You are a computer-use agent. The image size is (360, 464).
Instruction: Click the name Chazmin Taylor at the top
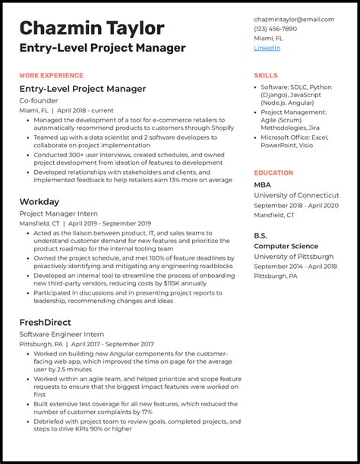point(92,28)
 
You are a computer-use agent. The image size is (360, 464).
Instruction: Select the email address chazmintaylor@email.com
point(294,20)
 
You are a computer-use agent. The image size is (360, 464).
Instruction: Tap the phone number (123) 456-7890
point(275,29)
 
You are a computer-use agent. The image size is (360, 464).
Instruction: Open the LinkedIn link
point(267,48)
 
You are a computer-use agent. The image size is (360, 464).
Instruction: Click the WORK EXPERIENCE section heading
point(52,75)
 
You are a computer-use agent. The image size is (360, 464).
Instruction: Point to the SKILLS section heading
point(266,75)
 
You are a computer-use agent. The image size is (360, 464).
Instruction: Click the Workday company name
point(39,202)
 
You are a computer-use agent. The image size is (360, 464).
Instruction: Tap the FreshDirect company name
point(46,322)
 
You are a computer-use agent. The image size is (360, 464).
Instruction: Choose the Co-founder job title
point(40,100)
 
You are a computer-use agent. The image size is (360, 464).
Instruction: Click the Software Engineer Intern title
point(62,334)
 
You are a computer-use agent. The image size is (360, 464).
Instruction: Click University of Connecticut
point(297,196)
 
